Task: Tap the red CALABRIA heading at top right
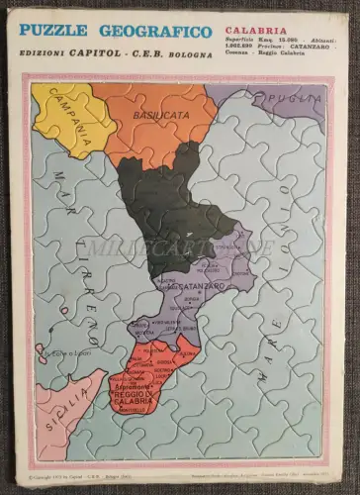pos(254,31)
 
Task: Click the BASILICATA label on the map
pos(158,116)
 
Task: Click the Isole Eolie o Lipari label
pos(68,353)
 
